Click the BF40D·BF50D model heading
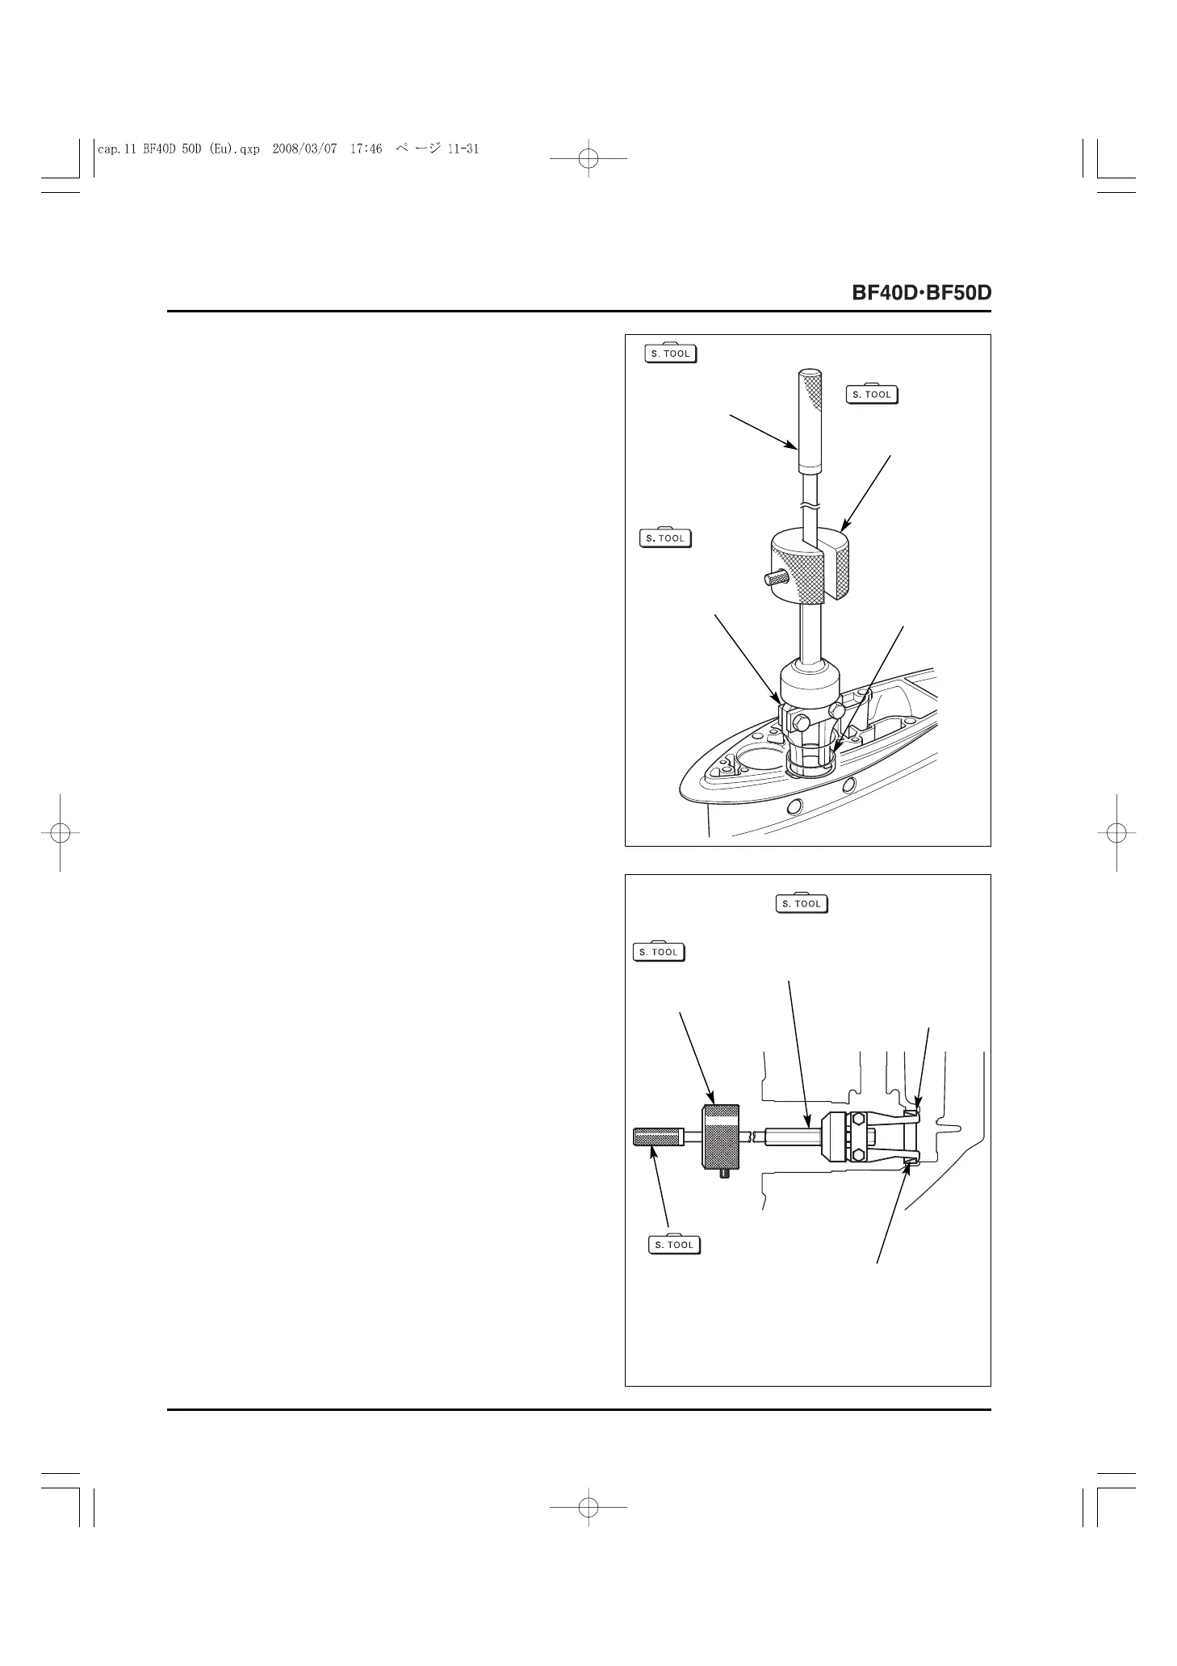(921, 292)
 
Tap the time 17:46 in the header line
(367, 149)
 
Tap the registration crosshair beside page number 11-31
(588, 160)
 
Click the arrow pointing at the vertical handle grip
(763, 432)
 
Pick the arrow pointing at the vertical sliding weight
(865, 492)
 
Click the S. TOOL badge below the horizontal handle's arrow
(675, 1245)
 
